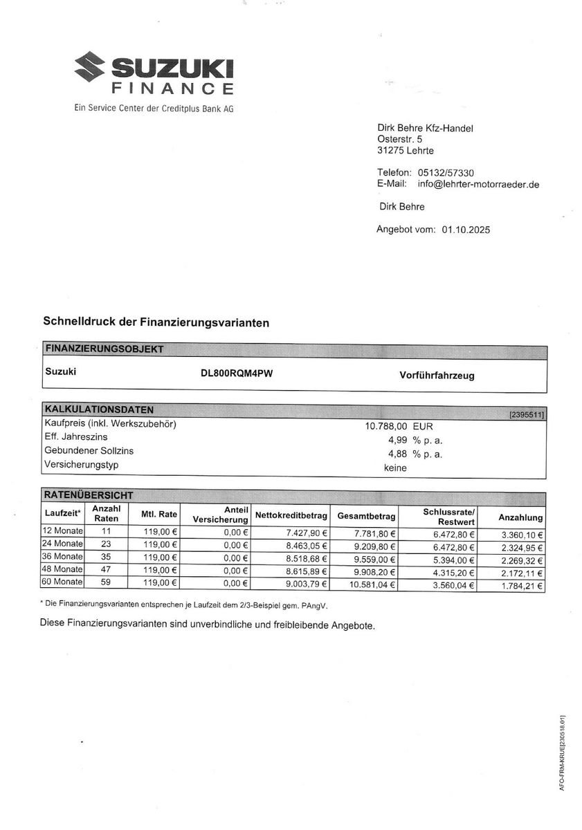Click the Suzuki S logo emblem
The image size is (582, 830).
pyautogui.click(x=90, y=70)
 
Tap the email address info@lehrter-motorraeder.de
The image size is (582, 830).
pyautogui.click(x=478, y=184)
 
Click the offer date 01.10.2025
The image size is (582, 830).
pyautogui.click(x=465, y=230)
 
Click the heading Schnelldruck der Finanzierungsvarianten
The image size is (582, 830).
pyautogui.click(x=156, y=322)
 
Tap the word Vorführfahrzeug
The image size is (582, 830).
pyautogui.click(x=437, y=376)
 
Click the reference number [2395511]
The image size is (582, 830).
pyautogui.click(x=527, y=414)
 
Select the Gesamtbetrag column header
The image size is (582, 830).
pyautogui.click(x=366, y=516)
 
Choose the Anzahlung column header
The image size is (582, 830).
pyautogui.click(x=520, y=517)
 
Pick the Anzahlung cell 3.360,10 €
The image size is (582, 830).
pyautogui.click(x=522, y=534)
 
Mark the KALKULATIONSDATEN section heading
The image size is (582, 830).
pyautogui.click(x=99, y=409)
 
